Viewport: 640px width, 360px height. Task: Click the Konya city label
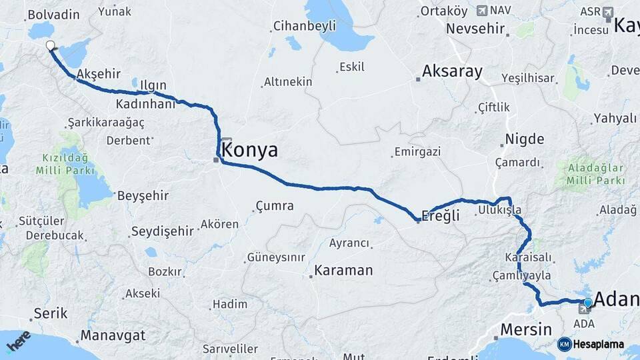click(x=250, y=150)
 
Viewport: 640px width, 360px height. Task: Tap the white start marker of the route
click(x=50, y=46)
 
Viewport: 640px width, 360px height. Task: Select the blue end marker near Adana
click(x=587, y=303)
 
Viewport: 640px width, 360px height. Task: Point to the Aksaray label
click(x=452, y=71)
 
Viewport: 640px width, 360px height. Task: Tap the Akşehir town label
click(x=99, y=74)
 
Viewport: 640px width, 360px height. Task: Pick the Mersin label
click(x=526, y=329)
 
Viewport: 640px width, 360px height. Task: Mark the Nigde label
click(x=525, y=139)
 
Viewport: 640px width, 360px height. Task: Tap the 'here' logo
click(x=18, y=341)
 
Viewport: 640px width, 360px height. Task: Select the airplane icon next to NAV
click(x=482, y=11)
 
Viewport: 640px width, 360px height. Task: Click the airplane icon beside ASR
click(x=607, y=12)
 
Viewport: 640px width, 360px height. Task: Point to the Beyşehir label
click(x=143, y=196)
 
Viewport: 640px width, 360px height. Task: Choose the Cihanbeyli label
click(x=303, y=27)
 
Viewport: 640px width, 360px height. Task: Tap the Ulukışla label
click(x=499, y=210)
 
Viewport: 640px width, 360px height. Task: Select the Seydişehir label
click(x=163, y=231)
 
